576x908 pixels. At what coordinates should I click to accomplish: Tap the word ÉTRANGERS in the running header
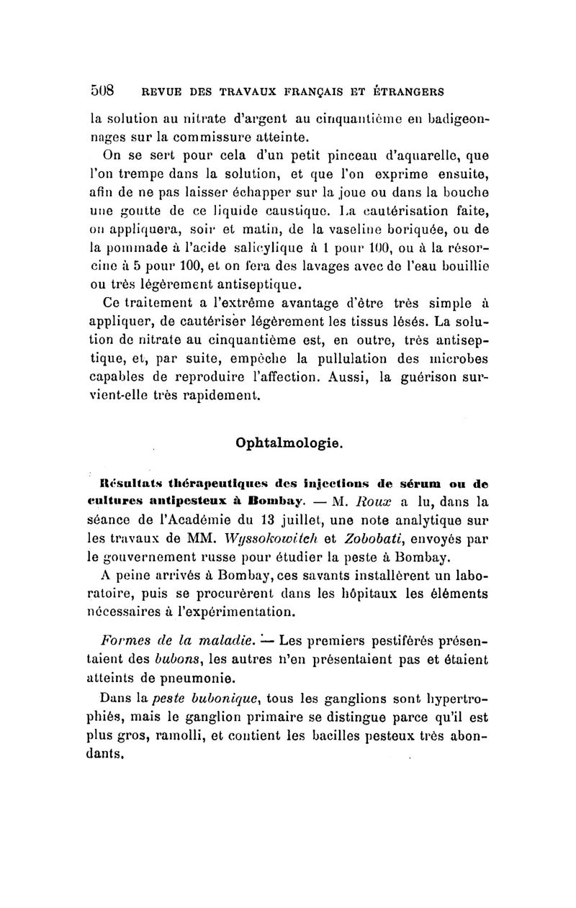coord(405,92)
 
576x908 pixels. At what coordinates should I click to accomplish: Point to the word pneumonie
coord(184,677)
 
